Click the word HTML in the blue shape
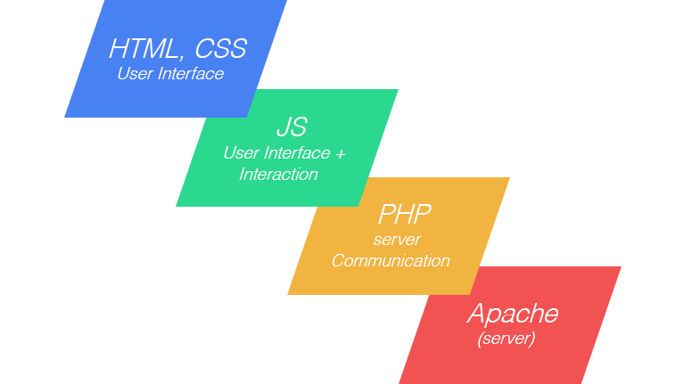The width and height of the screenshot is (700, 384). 144,48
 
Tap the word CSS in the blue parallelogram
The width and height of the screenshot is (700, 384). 220,48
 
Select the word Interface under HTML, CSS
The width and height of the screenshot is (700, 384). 191,74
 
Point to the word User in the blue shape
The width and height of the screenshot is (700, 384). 135,74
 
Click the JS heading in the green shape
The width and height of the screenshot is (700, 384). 292,127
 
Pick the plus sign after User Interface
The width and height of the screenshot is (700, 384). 340,154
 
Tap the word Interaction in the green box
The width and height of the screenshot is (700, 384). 278,174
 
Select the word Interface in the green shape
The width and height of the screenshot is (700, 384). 297,153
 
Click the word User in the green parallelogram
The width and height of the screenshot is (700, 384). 241,153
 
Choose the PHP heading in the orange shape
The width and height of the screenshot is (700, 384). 405,214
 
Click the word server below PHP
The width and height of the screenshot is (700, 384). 397,240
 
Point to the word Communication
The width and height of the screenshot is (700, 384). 391,260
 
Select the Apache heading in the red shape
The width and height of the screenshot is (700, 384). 513,313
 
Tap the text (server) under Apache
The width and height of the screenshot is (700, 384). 506,338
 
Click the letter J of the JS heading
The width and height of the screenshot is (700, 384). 284,127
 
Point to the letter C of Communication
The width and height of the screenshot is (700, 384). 339,260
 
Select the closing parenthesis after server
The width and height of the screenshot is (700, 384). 532,339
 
